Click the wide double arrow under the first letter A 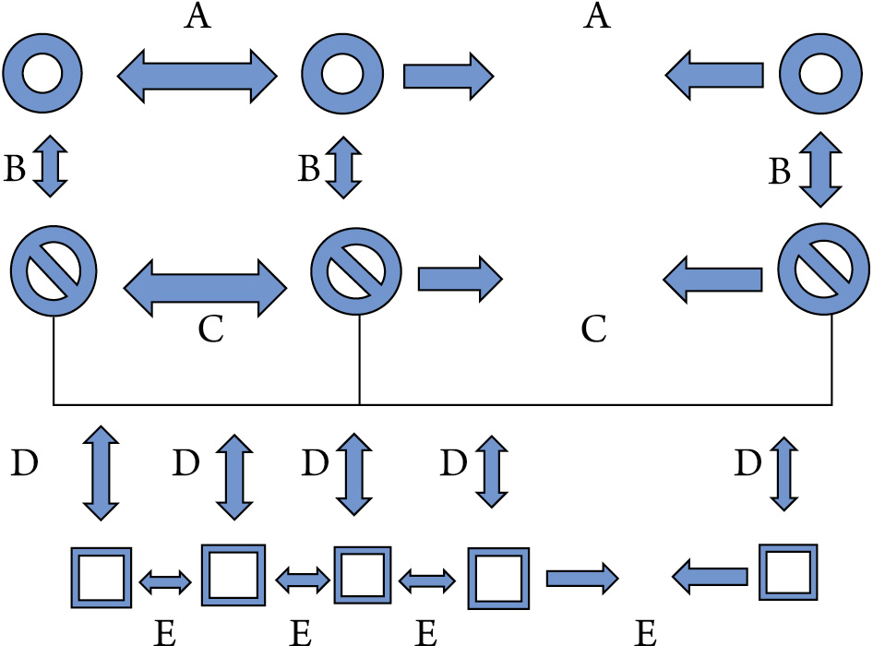197,75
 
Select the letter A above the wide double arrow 197,18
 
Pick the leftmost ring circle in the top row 42,73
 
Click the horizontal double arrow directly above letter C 205,277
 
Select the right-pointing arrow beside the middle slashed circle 460,276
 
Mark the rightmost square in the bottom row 787,572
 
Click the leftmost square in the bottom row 100,578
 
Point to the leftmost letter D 24,461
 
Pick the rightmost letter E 646,632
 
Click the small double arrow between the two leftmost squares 165,580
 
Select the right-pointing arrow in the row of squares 581,578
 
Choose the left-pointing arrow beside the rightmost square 710,578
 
